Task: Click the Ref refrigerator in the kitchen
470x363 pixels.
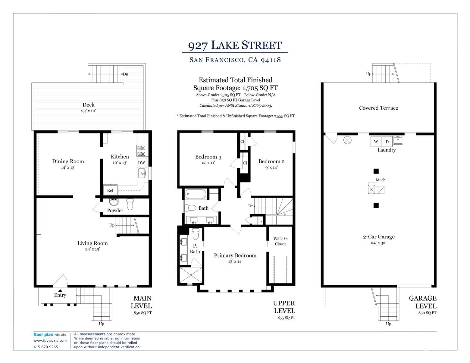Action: pyautogui.click(x=110, y=190)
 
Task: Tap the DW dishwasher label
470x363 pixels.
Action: pyautogui.click(x=141, y=163)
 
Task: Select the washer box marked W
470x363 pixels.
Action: pyautogui.click(x=376, y=141)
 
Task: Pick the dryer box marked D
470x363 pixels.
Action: pyautogui.click(x=387, y=142)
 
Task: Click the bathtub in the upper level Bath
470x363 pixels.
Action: pyautogui.click(x=196, y=194)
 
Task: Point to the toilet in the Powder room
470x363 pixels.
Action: pyautogui.click(x=130, y=204)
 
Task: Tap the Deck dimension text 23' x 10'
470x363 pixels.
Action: pyautogui.click(x=88, y=111)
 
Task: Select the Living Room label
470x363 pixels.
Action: pyautogui.click(x=92, y=243)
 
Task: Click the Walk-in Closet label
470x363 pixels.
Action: pyautogui.click(x=280, y=241)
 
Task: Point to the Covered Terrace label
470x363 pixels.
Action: pyautogui.click(x=379, y=108)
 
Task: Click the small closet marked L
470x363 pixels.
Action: pyautogui.click(x=260, y=220)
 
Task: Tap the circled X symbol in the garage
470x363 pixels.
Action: pyautogui.click(x=347, y=140)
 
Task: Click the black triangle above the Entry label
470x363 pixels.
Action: pyautogui.click(x=60, y=291)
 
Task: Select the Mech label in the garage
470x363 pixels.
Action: pyautogui.click(x=381, y=180)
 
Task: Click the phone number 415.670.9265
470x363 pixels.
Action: pyautogui.click(x=46, y=347)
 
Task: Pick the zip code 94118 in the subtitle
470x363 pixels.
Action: pyautogui.click(x=271, y=60)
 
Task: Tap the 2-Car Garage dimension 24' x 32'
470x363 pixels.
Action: pyautogui.click(x=379, y=243)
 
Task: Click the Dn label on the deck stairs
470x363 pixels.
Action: pyautogui.click(x=125, y=74)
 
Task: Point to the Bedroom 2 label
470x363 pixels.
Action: pyautogui.click(x=271, y=161)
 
